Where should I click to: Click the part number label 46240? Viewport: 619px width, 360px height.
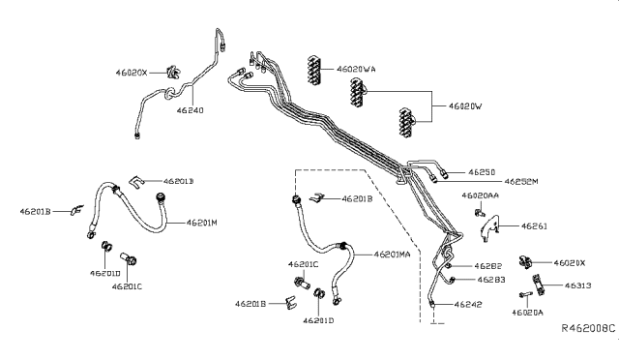191,111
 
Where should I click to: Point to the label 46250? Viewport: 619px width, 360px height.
482,171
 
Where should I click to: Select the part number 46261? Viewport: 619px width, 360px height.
535,225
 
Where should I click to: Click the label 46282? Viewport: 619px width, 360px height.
486,265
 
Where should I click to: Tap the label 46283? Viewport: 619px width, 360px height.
487,280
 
